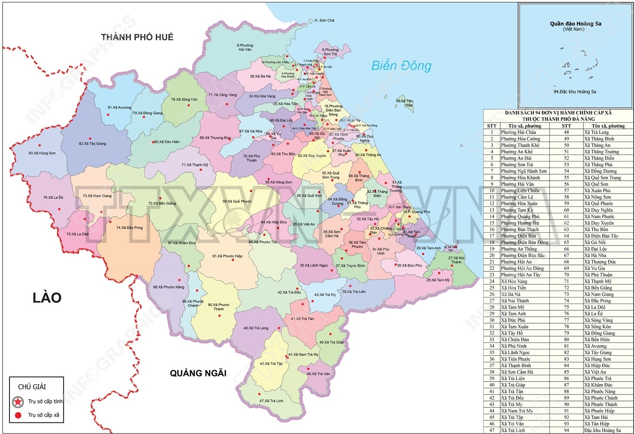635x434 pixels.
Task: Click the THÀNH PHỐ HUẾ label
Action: (137, 37)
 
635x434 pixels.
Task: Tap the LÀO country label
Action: (47, 297)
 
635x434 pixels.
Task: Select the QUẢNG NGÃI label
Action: (198, 373)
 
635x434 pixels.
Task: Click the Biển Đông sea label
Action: (401, 66)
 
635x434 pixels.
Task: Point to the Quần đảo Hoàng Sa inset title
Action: (575, 24)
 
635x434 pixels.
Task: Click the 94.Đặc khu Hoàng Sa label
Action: (575, 91)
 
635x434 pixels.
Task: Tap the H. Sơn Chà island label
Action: (324, 20)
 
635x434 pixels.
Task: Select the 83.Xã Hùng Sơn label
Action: (42, 153)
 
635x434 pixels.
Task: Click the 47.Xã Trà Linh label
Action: (271, 401)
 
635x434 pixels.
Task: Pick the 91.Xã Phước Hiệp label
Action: (227, 256)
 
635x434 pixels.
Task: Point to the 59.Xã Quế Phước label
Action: (237, 201)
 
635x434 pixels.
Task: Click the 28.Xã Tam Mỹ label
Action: (438, 280)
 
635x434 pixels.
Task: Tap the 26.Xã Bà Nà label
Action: (260, 76)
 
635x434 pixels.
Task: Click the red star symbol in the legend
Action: (18, 402)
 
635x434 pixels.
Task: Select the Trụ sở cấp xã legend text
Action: (43, 415)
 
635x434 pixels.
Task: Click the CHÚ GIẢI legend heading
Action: (32, 387)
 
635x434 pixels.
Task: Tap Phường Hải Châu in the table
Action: (518, 132)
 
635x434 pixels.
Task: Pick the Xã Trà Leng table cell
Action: (596, 132)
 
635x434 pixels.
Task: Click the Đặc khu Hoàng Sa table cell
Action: (602, 430)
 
